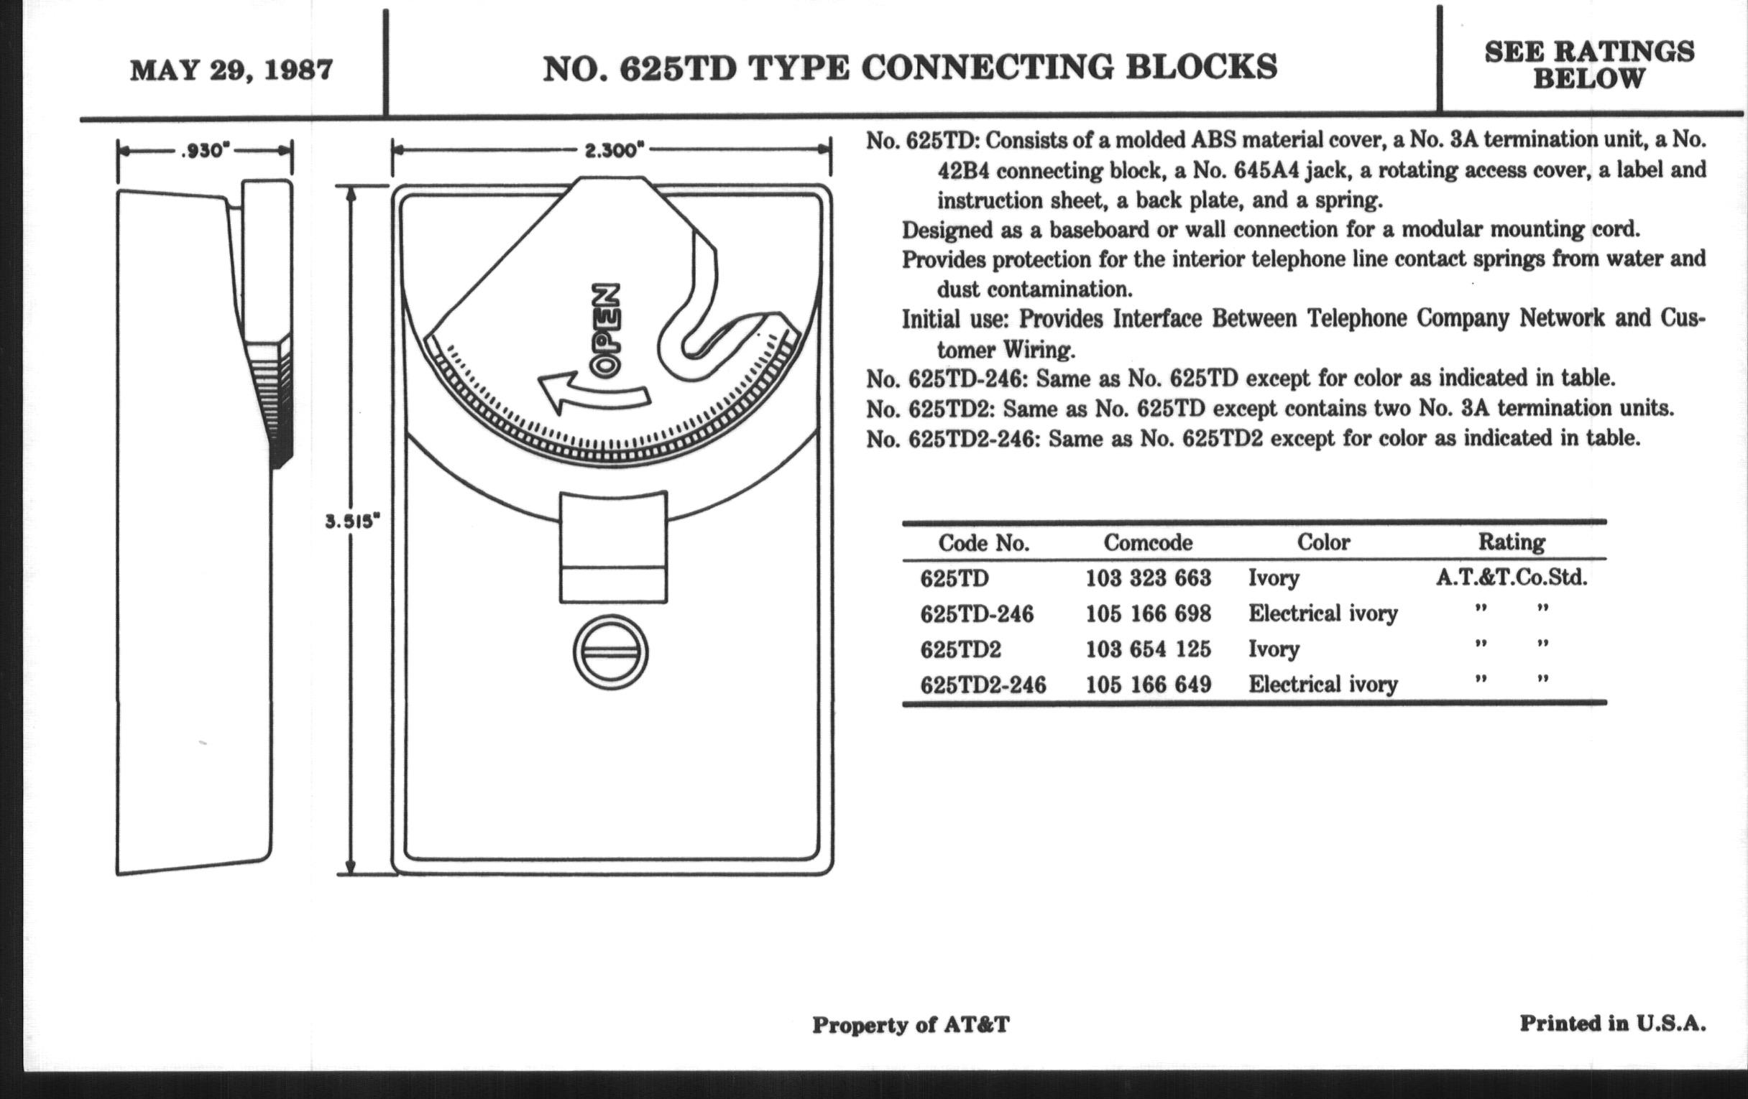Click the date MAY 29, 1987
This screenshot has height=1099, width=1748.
tap(231, 71)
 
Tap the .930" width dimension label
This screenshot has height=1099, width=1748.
tap(206, 151)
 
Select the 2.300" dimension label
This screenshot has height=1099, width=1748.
tap(614, 150)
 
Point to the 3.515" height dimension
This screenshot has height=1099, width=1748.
tap(352, 521)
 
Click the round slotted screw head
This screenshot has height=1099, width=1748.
tap(610, 652)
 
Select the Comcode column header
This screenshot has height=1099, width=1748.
tap(1148, 542)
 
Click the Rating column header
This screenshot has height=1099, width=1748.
tap(1512, 542)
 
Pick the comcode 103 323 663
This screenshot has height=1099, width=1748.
tap(1149, 578)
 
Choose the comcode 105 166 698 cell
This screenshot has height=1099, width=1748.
tap(1149, 613)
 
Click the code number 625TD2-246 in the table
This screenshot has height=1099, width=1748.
tap(983, 685)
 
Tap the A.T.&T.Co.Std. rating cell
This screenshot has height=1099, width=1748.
tap(1512, 578)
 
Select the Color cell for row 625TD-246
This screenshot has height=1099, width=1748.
tap(1322, 613)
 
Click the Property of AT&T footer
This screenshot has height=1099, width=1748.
tap(910, 1025)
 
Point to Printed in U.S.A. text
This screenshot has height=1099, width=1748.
tap(1612, 1024)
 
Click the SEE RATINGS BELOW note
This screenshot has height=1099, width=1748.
tap(1589, 65)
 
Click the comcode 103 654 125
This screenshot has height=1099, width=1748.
tap(1149, 649)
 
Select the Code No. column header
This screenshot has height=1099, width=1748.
tap(984, 543)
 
